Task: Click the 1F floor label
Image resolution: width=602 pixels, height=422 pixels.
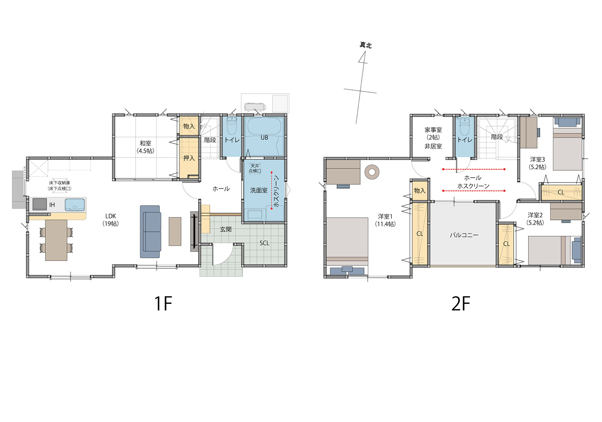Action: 163,303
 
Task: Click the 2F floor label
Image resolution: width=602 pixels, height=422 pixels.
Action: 461,303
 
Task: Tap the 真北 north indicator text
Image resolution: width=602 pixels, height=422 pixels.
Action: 366,45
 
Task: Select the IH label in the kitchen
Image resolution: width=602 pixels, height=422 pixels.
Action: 52,205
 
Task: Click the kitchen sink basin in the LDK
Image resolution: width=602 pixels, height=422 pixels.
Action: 75,205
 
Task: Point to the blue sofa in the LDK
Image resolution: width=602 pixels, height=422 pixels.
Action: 150,231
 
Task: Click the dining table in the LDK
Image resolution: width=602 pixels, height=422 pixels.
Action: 56,240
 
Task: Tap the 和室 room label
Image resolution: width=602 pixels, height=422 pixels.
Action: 145,143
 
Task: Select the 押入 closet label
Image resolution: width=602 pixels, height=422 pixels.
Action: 189,158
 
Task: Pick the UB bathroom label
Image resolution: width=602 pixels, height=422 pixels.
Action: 264,137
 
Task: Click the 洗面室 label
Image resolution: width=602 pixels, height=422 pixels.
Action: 259,190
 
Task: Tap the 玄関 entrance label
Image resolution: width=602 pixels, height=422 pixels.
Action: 226,229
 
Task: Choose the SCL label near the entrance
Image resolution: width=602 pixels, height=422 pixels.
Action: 264,243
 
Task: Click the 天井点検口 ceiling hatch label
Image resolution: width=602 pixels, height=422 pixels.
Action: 255,168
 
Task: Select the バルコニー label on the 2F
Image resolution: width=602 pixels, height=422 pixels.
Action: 464,235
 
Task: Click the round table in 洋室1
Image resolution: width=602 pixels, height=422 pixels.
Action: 372,172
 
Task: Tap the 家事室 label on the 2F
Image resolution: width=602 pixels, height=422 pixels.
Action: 433,130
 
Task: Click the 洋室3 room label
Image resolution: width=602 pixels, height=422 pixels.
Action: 537,159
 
